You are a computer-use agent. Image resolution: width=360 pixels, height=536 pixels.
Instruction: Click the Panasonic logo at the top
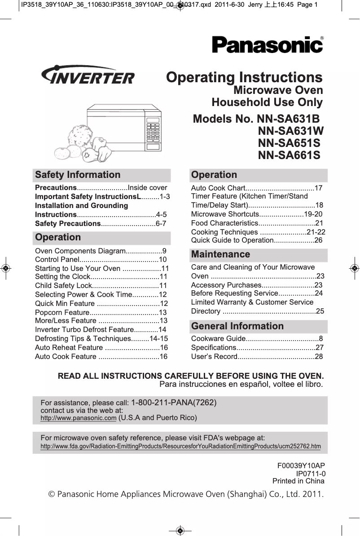tap(268, 45)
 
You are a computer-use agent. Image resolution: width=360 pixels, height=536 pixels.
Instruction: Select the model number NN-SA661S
tap(289, 155)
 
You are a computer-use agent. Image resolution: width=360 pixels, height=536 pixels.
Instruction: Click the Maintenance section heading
tap(220, 254)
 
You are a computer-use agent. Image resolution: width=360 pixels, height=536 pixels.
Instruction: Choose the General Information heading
tap(237, 326)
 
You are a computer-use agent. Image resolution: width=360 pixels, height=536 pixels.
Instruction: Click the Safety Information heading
tap(78, 175)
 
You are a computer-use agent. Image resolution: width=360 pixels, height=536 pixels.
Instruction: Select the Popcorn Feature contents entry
tap(101, 312)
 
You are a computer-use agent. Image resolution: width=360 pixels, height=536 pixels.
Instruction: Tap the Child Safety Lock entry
tap(101, 285)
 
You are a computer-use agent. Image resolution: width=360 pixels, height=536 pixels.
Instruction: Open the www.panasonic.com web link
tap(78, 418)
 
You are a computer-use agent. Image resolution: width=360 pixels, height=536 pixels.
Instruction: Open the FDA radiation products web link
tap(180, 446)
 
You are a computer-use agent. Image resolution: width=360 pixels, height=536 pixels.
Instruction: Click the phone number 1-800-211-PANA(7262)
tap(174, 403)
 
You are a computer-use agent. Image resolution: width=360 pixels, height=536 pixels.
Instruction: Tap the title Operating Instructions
tap(244, 77)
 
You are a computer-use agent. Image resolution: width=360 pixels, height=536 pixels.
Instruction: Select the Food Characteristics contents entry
tap(257, 223)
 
